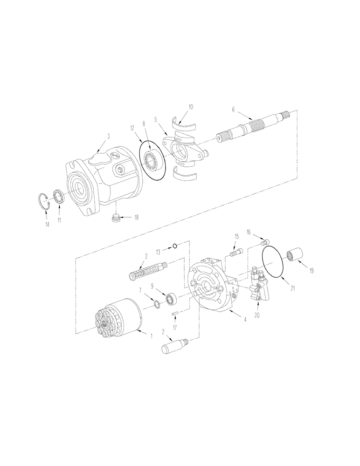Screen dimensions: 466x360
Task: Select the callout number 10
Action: click(x=190, y=108)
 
